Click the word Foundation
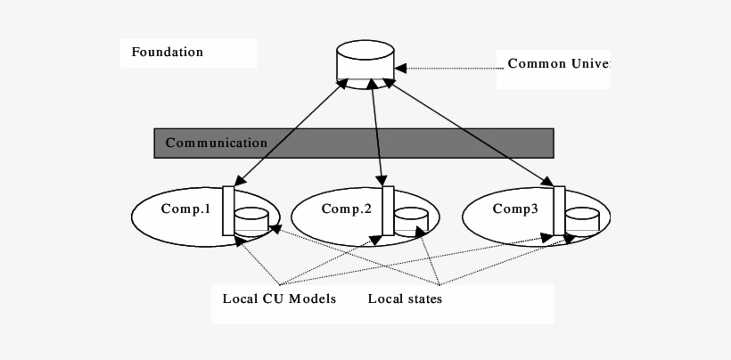[168, 53]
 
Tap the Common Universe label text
[558, 64]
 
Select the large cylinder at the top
[365, 61]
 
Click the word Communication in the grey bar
[217, 143]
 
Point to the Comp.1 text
[185, 209]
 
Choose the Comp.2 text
[347, 209]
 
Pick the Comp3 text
[515, 209]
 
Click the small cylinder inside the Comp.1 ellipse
[251, 220]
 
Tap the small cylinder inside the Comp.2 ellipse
[411, 220]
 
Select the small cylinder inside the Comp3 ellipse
[581, 220]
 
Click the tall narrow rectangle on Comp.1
[228, 210]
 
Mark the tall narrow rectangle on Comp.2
[388, 210]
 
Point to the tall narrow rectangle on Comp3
[559, 210]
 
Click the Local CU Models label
[279, 299]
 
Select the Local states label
[405, 299]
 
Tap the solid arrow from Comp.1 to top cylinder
[290, 134]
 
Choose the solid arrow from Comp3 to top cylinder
[468, 134]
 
